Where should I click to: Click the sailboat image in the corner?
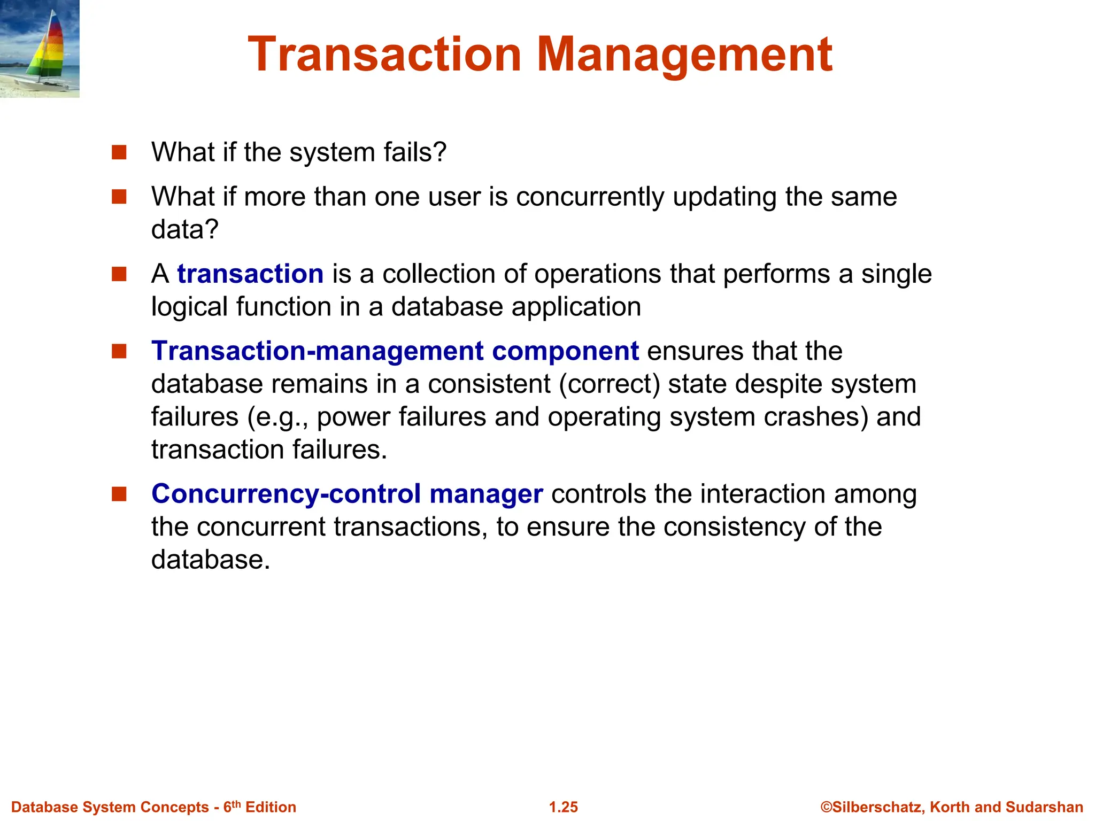tap(40, 49)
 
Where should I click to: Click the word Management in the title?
tap(684, 55)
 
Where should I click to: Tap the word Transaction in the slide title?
tap(384, 55)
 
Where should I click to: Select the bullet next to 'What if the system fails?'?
tap(119, 152)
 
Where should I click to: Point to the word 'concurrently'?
tap(590, 197)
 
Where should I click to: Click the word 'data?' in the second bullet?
tap(185, 230)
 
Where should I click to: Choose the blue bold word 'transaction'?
tap(250, 274)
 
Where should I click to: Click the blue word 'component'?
tap(565, 351)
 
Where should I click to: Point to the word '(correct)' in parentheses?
tap(610, 384)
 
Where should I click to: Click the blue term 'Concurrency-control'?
tap(286, 494)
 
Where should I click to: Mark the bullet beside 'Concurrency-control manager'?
tap(119, 494)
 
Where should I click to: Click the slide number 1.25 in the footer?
tap(564, 807)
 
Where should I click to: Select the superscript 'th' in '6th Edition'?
tap(236, 803)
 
